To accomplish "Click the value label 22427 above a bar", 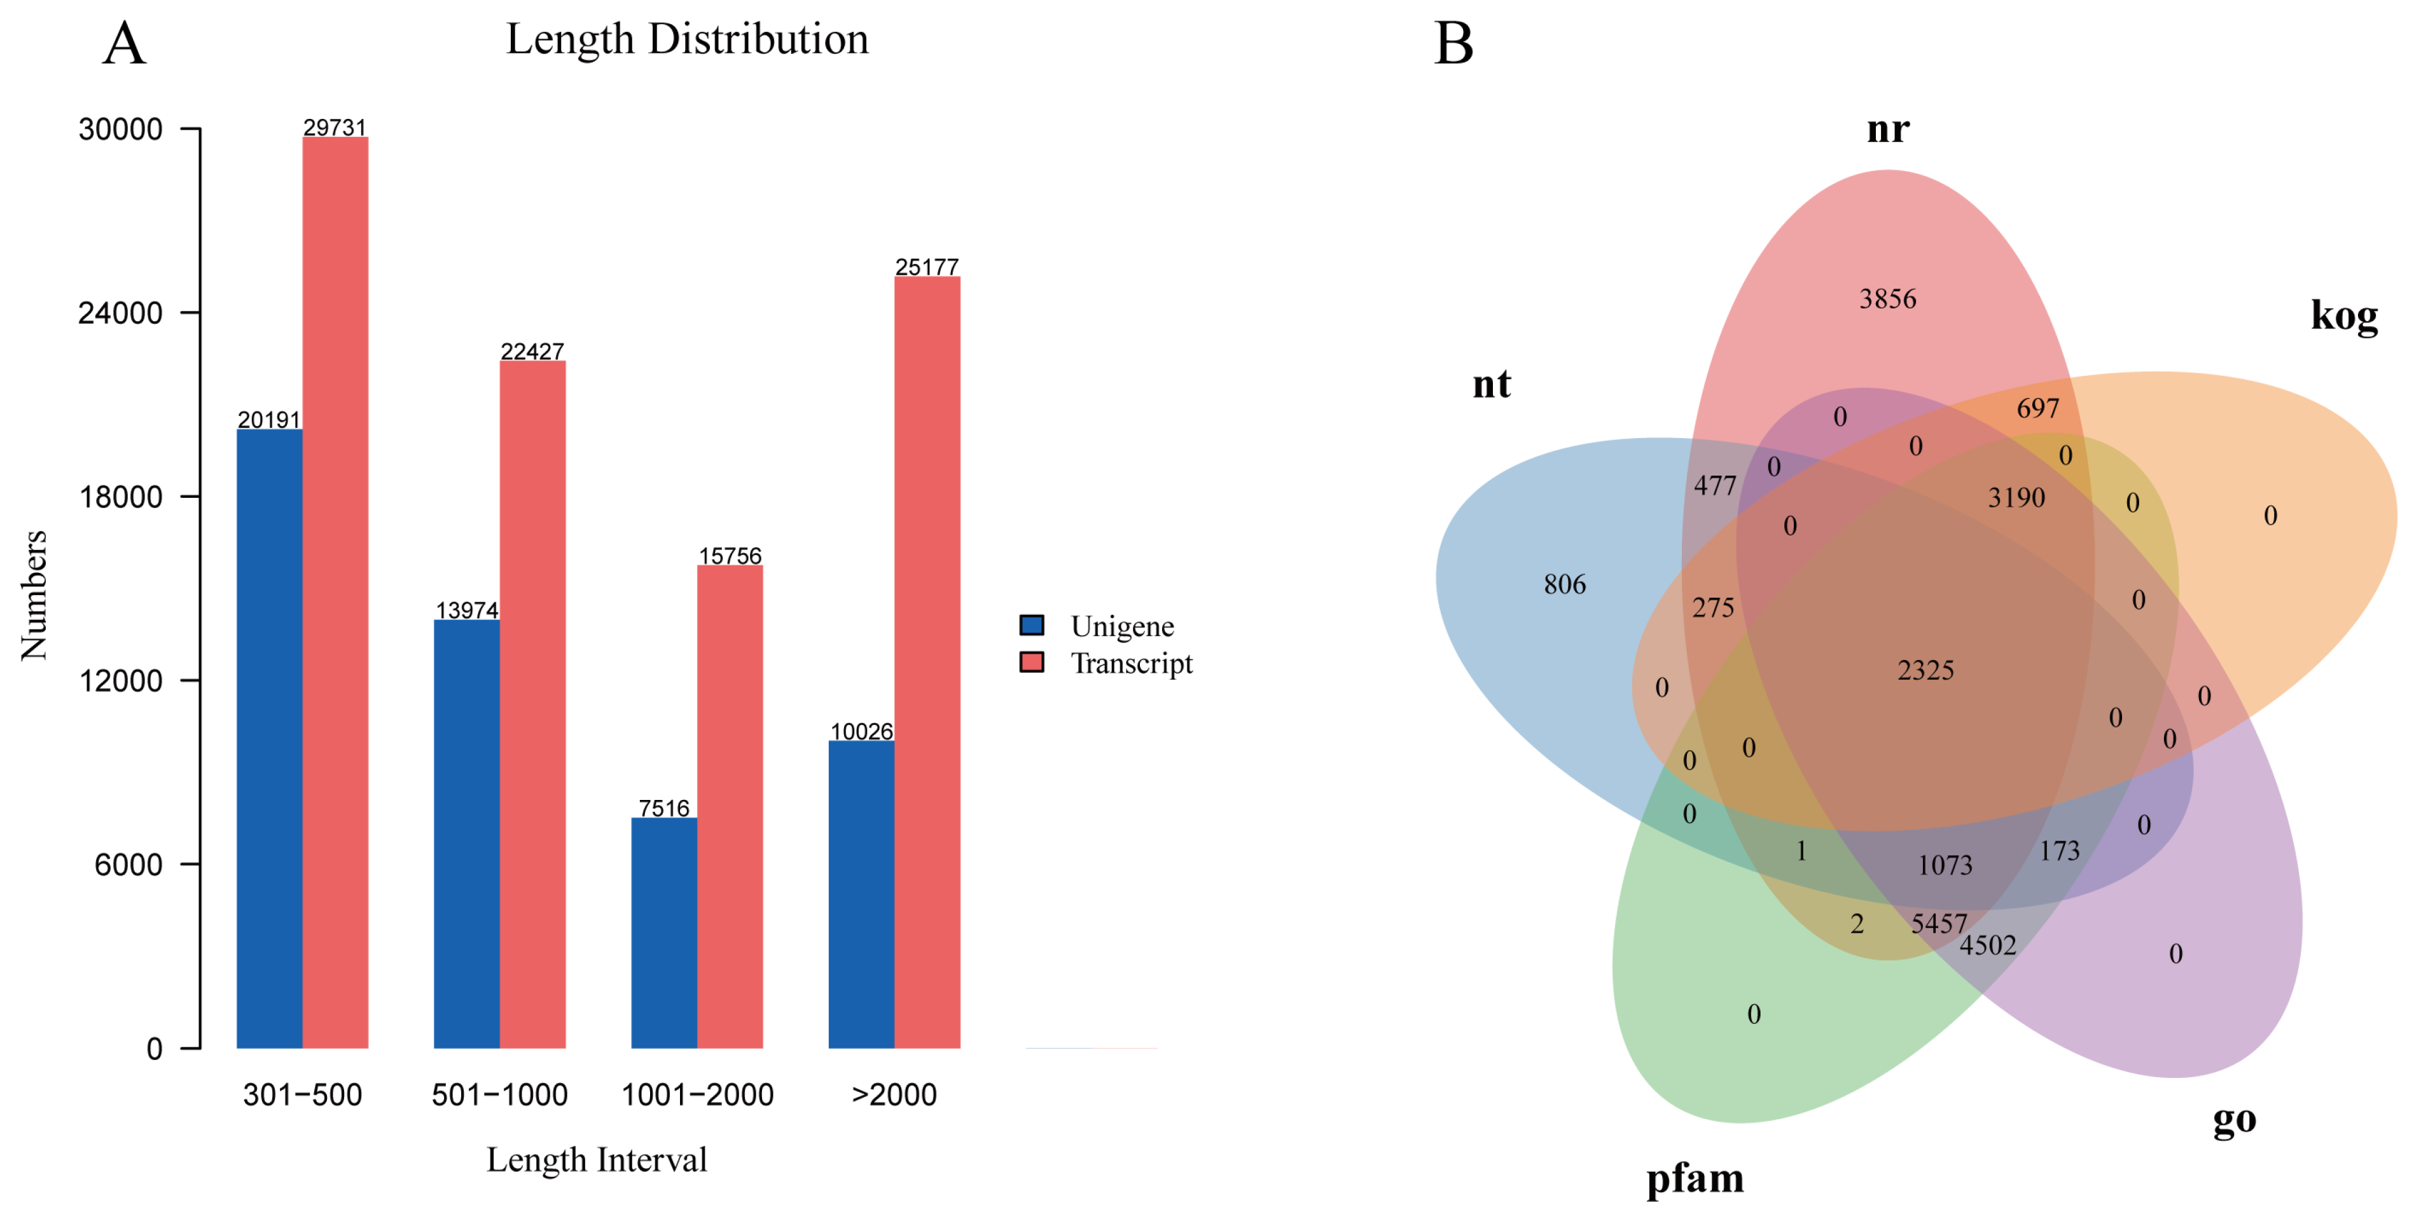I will tap(532, 352).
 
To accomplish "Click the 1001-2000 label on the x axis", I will tap(697, 1094).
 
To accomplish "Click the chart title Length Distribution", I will tap(687, 39).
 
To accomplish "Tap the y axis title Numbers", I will tap(34, 595).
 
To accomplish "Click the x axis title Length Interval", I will tap(596, 1160).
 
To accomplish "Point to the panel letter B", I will tap(1453, 44).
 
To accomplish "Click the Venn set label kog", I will tap(2344, 316).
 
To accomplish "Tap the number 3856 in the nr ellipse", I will tap(1887, 299).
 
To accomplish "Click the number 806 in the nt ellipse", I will tap(1564, 584).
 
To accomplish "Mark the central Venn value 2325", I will tap(1925, 671).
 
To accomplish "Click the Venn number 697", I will tap(2037, 408).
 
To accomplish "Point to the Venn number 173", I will tap(2059, 851).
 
